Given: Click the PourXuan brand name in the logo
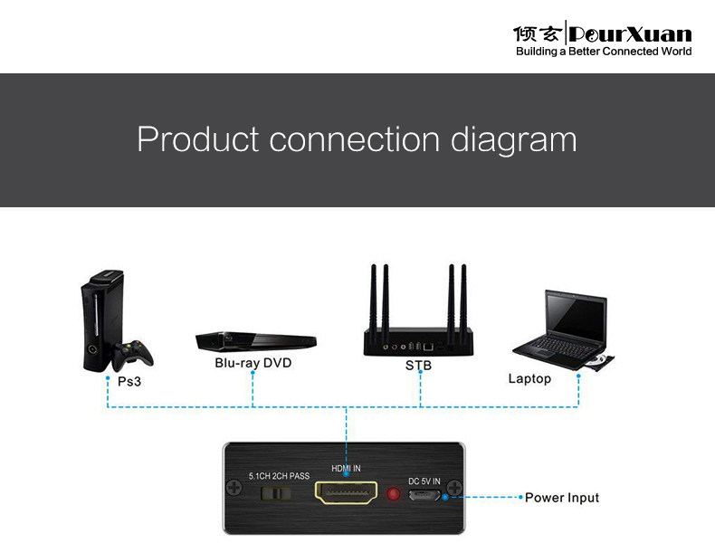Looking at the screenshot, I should [x=630, y=34].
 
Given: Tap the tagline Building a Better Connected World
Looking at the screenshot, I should [x=604, y=52].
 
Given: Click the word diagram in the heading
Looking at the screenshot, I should [x=513, y=140].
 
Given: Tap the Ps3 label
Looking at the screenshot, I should [x=129, y=381].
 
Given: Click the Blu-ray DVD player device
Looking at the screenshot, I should [x=256, y=341].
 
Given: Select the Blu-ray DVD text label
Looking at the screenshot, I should [x=253, y=363].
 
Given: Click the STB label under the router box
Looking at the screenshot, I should [x=418, y=366].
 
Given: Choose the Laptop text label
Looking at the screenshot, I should [x=529, y=378].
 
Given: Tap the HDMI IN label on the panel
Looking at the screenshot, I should [x=346, y=469].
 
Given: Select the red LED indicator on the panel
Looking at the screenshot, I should [x=393, y=495].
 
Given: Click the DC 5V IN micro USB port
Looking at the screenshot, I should [x=424, y=496].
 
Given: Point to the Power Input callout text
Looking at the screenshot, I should [x=562, y=498].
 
